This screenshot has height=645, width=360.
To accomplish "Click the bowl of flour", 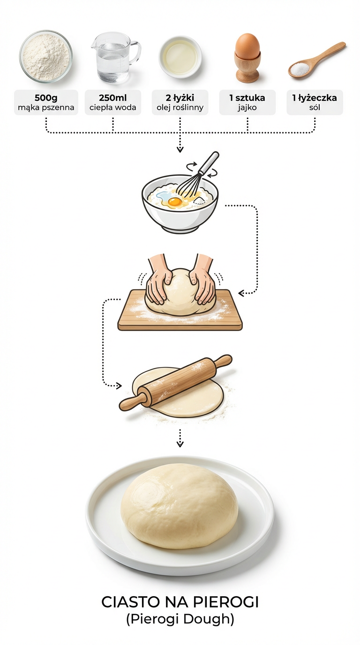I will (x=46, y=55).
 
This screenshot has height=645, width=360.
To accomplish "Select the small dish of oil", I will (x=180, y=55).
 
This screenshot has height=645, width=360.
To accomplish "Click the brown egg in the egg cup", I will (x=247, y=46).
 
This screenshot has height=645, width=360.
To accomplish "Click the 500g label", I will (x=46, y=98).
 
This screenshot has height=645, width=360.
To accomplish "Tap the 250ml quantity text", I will (x=113, y=98).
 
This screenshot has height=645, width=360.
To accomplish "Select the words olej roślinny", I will (x=180, y=107).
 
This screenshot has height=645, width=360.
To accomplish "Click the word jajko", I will (x=247, y=107).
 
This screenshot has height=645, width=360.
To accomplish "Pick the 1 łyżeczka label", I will (x=315, y=98).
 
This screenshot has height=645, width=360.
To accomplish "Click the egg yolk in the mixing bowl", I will (x=174, y=202).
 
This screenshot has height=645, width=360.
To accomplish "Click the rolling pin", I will (x=176, y=382).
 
